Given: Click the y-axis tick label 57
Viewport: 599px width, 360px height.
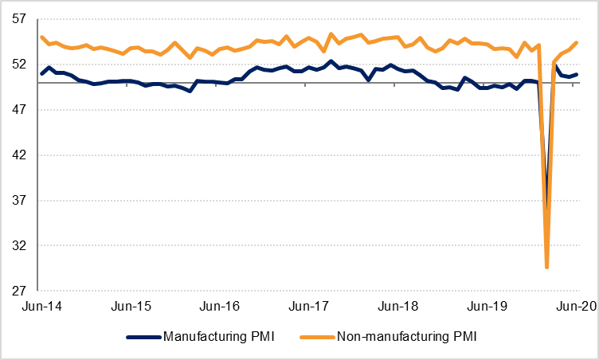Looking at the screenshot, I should click(x=20, y=18).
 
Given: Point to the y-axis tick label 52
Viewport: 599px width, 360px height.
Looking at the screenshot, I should click(x=20, y=64).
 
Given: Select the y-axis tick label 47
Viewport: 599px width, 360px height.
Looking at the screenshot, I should click(x=20, y=109).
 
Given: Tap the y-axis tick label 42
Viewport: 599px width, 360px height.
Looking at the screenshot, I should click(x=20, y=155).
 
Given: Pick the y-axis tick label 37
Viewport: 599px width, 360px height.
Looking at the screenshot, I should click(x=20, y=200).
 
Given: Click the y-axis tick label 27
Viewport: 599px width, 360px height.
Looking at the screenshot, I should click(x=20, y=291).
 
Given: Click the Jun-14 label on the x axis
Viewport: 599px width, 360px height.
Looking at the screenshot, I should click(x=43, y=306).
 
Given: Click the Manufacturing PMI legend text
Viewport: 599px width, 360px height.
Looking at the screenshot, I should click(x=218, y=337).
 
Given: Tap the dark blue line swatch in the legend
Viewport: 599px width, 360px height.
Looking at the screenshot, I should click(x=143, y=337).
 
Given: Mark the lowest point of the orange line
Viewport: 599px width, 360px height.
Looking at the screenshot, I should click(x=546, y=268).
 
